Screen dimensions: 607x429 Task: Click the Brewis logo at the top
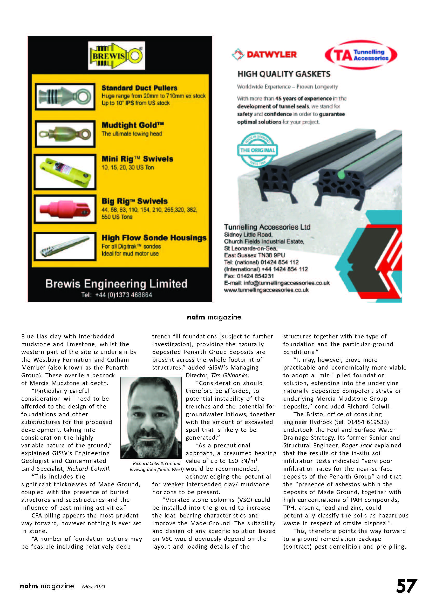(116, 56)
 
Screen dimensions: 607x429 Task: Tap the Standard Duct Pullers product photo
(65, 97)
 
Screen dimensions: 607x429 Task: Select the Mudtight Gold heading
(133, 125)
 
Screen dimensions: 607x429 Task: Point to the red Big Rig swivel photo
(65, 209)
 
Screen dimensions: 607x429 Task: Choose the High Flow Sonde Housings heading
(154, 238)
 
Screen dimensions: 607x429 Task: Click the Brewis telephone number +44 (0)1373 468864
(124, 295)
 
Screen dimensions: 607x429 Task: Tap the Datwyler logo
(264, 54)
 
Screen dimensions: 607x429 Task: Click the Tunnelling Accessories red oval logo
(360, 55)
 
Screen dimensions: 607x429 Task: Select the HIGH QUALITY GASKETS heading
(284, 74)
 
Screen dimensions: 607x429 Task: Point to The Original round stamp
(257, 150)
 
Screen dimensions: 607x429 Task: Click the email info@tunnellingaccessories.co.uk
(287, 283)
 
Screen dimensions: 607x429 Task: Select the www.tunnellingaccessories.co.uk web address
(266, 290)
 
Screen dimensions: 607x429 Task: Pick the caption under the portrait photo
(156, 466)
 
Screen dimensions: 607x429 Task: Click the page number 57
(406, 586)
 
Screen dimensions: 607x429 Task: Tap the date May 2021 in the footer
(94, 587)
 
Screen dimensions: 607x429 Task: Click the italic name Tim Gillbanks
(229, 375)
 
